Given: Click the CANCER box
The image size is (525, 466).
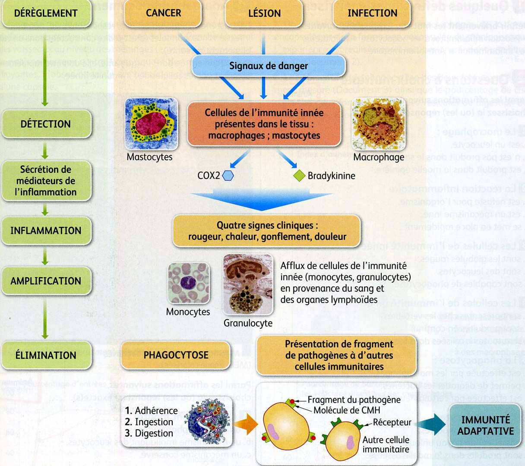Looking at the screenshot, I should click(x=163, y=13).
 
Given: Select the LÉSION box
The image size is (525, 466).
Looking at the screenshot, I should click(x=264, y=13).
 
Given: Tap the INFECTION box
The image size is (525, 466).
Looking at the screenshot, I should click(x=372, y=13).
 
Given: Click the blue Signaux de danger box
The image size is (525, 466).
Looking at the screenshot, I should click(x=269, y=66).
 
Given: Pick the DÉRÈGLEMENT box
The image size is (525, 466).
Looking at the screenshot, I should click(x=46, y=13).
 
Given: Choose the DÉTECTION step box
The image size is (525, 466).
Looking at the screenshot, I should click(x=46, y=124).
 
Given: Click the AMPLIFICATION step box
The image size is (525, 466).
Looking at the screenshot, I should click(x=46, y=281).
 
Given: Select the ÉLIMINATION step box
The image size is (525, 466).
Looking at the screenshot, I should click(x=46, y=355).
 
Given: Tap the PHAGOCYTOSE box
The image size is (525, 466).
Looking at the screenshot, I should click(x=176, y=355).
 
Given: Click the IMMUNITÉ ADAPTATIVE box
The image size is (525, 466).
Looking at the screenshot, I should click(x=486, y=425).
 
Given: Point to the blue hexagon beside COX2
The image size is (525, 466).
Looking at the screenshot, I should click(x=228, y=176).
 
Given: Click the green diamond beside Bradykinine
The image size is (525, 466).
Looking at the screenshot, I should click(x=299, y=176).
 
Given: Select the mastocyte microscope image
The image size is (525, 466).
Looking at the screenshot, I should click(x=151, y=124).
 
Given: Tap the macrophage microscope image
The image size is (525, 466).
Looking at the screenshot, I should click(x=379, y=124).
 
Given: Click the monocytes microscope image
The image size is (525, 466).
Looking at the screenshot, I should click(x=188, y=283).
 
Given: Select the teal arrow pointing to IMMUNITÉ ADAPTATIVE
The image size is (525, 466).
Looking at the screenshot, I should click(x=434, y=424).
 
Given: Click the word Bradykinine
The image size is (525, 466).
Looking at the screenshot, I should click(x=331, y=176).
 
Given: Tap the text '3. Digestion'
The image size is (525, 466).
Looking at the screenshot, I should click(x=149, y=433).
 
